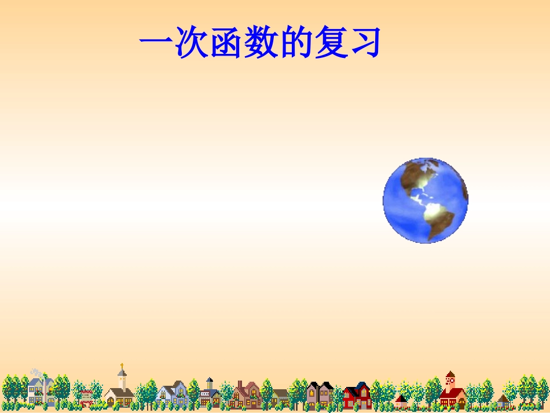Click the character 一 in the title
point(157,43)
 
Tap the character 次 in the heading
point(192,43)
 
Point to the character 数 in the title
point(261,43)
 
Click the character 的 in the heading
point(296,43)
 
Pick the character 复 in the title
point(331,43)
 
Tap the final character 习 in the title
point(364,43)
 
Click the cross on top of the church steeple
point(122,366)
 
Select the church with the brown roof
point(120,394)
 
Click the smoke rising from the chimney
point(36,372)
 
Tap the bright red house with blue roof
point(357,396)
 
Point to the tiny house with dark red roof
point(401,400)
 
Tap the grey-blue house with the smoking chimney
point(41,390)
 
